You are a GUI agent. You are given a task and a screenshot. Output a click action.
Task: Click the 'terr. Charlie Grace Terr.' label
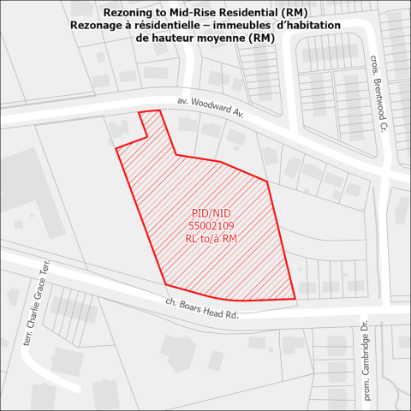[34, 305]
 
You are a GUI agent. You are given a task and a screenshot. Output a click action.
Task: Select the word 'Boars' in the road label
[191, 307]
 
